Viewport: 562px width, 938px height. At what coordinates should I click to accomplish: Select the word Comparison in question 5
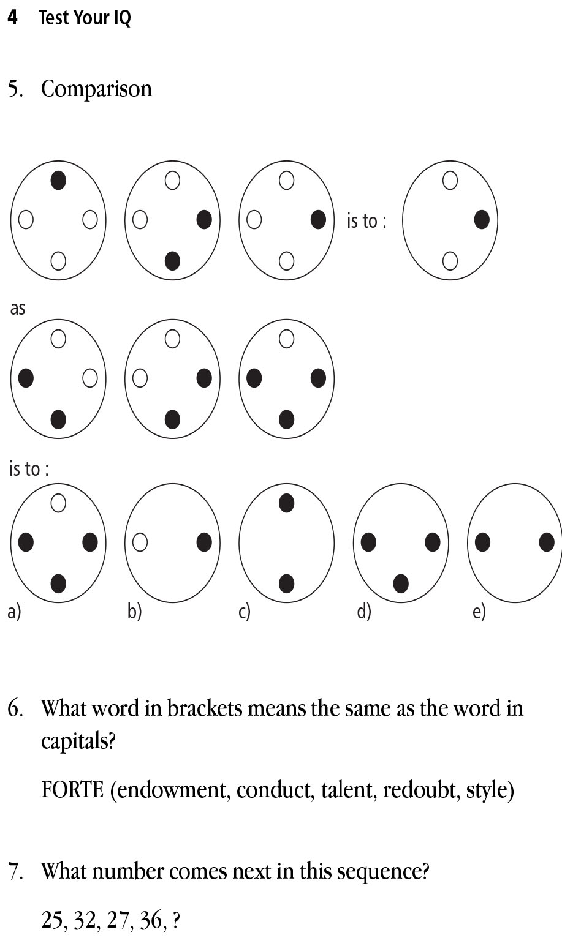pos(96,89)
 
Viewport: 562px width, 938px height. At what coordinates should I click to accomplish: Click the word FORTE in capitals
pos(72,790)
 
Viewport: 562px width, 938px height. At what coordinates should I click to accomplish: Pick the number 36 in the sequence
pos(151,920)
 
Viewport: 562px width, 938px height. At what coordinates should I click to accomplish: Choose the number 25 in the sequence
pos(53,920)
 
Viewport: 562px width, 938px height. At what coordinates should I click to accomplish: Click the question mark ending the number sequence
pos(177,920)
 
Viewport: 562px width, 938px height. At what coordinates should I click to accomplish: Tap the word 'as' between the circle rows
pos(18,308)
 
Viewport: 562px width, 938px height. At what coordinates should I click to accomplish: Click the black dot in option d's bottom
pos(401,583)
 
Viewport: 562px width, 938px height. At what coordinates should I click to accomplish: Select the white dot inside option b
pos(140,542)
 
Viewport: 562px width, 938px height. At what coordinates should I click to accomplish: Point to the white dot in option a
pos(58,503)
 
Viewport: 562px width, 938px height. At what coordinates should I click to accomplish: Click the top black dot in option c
pos(286,503)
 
